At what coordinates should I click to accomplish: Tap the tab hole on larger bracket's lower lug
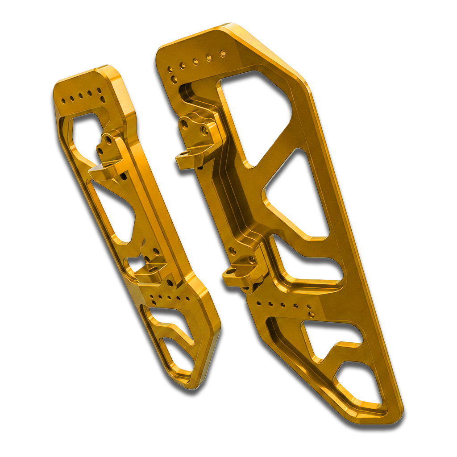230,271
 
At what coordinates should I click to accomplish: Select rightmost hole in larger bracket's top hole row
223,54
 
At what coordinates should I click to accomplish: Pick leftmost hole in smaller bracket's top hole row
64,101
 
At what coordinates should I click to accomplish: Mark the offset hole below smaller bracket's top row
102,99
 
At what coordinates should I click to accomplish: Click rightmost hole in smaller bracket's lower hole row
187,298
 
